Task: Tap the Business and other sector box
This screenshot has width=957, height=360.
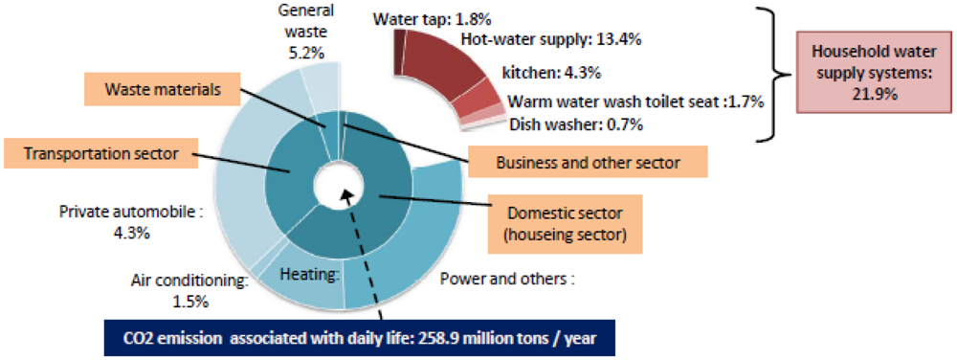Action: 588,162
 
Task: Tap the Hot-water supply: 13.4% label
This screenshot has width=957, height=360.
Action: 551,40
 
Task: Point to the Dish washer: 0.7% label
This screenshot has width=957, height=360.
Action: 576,124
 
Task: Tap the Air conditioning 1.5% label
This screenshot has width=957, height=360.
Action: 189,290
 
